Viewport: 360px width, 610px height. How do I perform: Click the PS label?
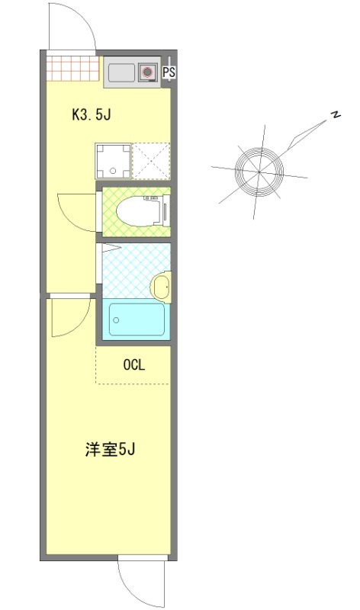pyautogui.click(x=169, y=73)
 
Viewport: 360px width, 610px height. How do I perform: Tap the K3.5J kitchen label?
pyautogui.click(x=92, y=116)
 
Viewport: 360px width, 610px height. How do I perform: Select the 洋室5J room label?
pyautogui.click(x=110, y=450)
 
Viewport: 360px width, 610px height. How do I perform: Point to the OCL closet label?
pyautogui.click(x=134, y=364)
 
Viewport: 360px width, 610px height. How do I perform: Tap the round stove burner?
pyautogui.click(x=147, y=73)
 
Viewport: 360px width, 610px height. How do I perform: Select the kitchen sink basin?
pyautogui.click(x=121, y=73)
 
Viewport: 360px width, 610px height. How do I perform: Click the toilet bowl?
pyautogui.click(x=137, y=210)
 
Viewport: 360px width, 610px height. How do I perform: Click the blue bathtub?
pyautogui.click(x=137, y=320)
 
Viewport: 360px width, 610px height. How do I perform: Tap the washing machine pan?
pyautogui.click(x=113, y=160)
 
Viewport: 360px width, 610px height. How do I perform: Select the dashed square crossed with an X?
pyautogui.click(x=150, y=160)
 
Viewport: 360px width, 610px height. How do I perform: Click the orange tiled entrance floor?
pyautogui.click(x=72, y=67)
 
